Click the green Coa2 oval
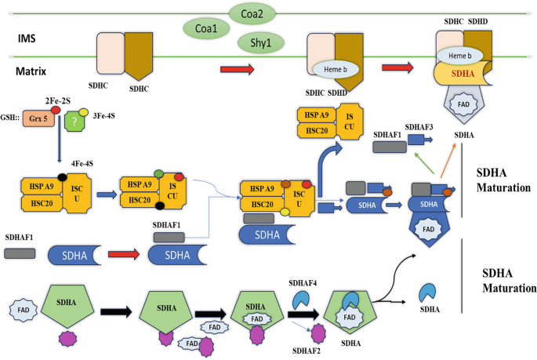point(252,13)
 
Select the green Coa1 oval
point(206,28)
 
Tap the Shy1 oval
point(260,43)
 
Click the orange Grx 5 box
point(38,118)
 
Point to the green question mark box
point(74,121)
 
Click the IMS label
point(27,38)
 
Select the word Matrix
point(31,71)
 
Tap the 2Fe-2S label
point(57,100)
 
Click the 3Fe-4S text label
point(103,116)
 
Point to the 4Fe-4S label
point(82,163)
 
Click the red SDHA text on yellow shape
point(463,74)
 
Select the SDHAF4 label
point(303,283)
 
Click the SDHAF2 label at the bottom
point(307,351)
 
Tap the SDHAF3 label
point(419,127)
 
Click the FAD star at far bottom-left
point(24,310)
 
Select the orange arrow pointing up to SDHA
point(448,160)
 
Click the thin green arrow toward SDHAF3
point(424,163)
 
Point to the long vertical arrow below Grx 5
point(60,139)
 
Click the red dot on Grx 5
point(56,110)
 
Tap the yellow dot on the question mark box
point(84,112)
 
